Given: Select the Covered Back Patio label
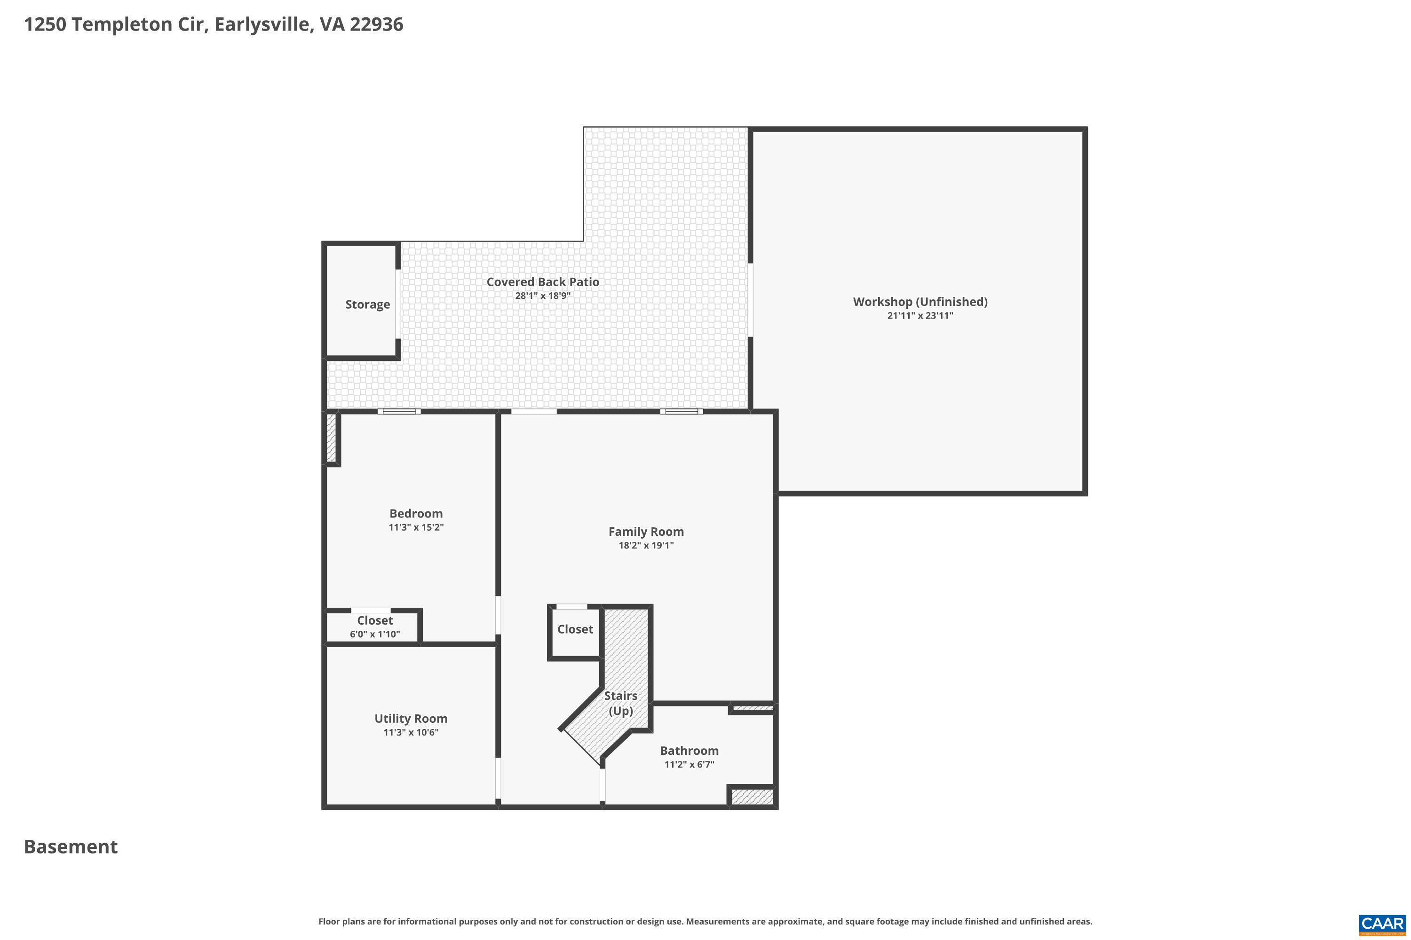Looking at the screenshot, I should (x=542, y=282).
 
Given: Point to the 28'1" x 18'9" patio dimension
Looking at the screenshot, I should (x=542, y=296).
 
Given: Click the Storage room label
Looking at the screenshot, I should (x=367, y=305).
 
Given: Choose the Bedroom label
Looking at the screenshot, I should (x=416, y=513).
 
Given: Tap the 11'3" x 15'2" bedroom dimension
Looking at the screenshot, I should (x=416, y=527).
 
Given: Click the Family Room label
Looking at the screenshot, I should (x=645, y=531).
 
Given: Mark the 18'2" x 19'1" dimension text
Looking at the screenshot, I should (x=645, y=546).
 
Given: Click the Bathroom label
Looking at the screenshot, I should (x=689, y=751).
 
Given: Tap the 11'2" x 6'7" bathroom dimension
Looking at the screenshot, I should (x=689, y=764).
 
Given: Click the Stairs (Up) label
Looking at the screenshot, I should (x=620, y=703).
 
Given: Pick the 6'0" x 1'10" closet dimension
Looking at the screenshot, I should (x=374, y=634).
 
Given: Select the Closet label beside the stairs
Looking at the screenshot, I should (x=575, y=629).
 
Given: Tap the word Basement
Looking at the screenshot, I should (x=71, y=846).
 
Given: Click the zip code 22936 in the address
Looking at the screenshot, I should (x=376, y=24).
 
